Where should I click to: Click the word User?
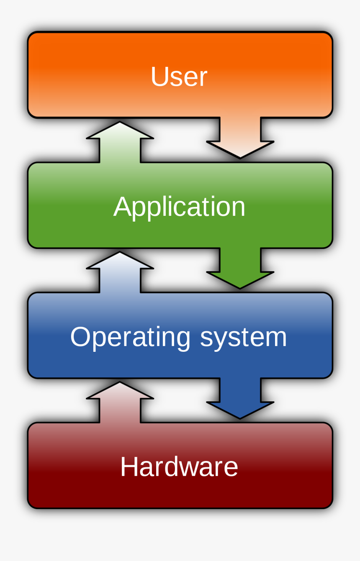(179, 77)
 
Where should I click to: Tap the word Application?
(179, 207)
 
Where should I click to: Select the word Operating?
(130, 337)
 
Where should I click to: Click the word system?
(243, 337)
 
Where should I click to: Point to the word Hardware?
(179, 467)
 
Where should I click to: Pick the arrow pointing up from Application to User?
(120, 142)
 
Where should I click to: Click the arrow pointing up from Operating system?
(120, 272)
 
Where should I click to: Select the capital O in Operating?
(80, 337)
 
